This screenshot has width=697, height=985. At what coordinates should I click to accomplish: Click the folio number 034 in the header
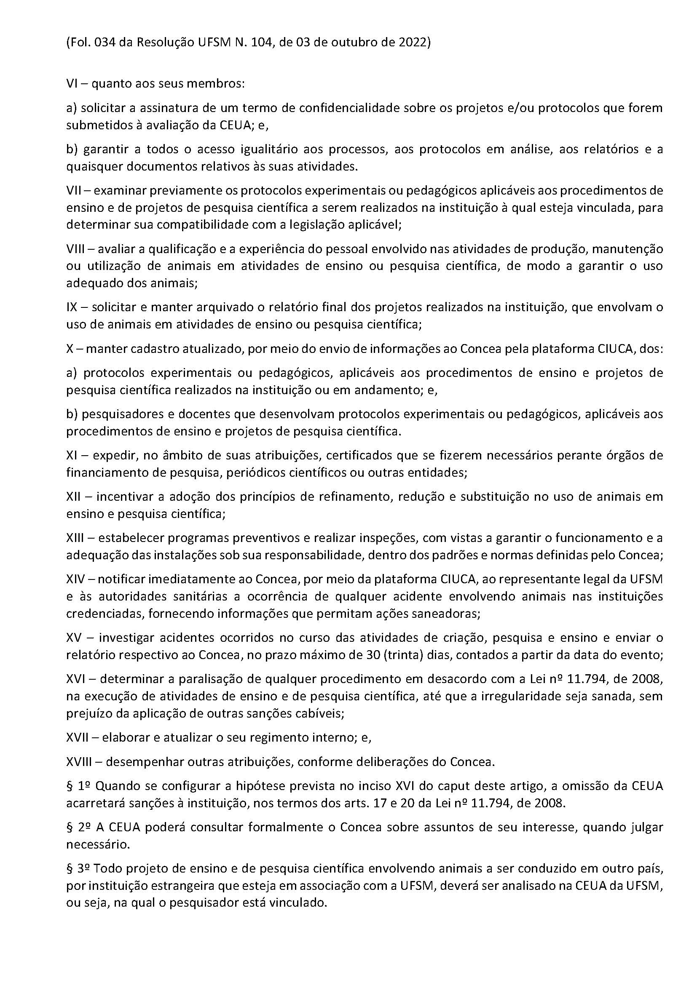click(103, 43)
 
